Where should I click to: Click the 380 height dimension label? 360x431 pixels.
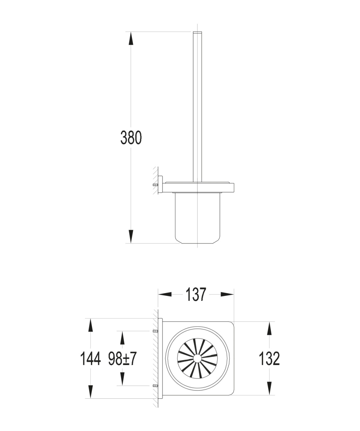[x=131, y=137]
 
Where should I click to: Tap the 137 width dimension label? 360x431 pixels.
[x=196, y=294]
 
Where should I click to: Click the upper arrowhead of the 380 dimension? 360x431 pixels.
[x=131, y=38]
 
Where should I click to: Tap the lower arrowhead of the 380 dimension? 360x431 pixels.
[x=131, y=237]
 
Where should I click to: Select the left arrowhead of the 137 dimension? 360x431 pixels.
[x=165, y=294]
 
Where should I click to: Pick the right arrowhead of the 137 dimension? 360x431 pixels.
[x=227, y=294]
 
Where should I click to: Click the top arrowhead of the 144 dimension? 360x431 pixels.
[x=90, y=325]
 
